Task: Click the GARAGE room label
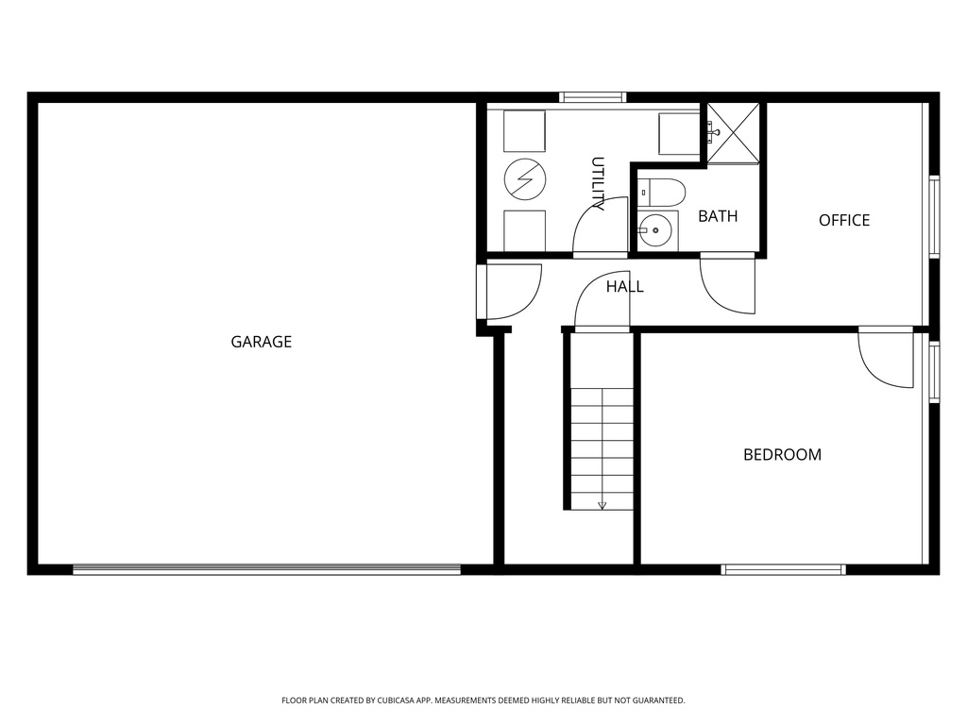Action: click(262, 342)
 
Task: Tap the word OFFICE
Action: click(844, 220)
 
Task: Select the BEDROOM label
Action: click(782, 454)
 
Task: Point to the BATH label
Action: click(718, 216)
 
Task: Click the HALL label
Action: click(625, 286)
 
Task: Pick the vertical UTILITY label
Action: click(598, 183)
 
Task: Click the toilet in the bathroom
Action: click(662, 193)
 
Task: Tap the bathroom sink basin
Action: click(654, 230)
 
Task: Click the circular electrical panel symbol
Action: click(523, 177)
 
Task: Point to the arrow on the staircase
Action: click(602, 504)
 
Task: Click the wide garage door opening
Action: click(266, 569)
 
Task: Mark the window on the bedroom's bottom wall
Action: click(783, 569)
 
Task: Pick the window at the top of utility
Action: click(593, 96)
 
